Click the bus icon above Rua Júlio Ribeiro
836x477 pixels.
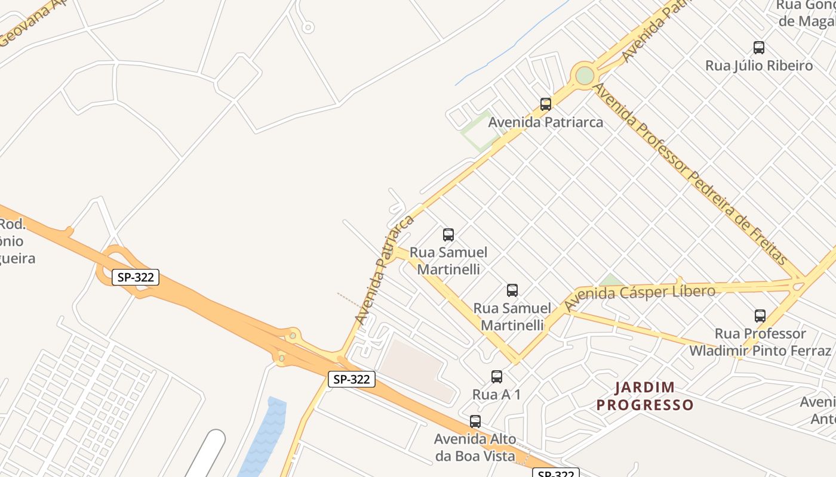coord(759,48)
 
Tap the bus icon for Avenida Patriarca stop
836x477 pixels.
coord(545,104)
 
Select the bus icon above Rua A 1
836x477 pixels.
coord(496,377)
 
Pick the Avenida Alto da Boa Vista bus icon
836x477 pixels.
coord(475,422)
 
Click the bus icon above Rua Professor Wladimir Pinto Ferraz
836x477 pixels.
coord(760,316)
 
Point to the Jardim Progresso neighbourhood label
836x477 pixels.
coord(645,397)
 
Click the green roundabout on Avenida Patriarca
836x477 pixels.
coord(585,76)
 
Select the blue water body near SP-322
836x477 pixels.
coord(266,435)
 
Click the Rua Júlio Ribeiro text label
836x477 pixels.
coord(759,66)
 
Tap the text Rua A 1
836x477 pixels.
coord(496,394)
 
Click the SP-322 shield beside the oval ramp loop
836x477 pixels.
coord(136,277)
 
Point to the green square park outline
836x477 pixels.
coord(480,130)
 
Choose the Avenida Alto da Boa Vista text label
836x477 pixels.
coord(475,448)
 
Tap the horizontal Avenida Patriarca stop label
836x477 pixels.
coord(545,122)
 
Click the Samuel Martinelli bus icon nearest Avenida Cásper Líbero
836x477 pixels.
coord(512,290)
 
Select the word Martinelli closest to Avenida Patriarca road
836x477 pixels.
coord(448,270)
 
